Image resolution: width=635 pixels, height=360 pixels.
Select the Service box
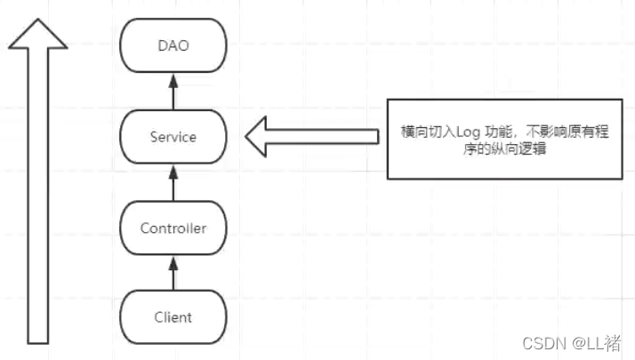tap(173, 138)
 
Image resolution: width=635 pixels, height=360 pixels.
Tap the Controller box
tap(173, 228)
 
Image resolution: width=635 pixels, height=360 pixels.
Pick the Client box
tap(173, 317)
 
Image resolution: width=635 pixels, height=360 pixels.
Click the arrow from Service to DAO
tap(174, 92)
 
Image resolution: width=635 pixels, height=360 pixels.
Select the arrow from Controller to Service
tap(174, 183)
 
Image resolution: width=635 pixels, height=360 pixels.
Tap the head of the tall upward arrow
tap(37, 36)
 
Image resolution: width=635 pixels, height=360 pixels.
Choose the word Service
tap(173, 138)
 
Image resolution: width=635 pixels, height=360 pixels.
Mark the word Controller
tap(173, 228)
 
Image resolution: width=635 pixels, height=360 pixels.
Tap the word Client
tap(173, 317)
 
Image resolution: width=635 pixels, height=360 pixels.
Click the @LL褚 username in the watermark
tap(597, 342)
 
